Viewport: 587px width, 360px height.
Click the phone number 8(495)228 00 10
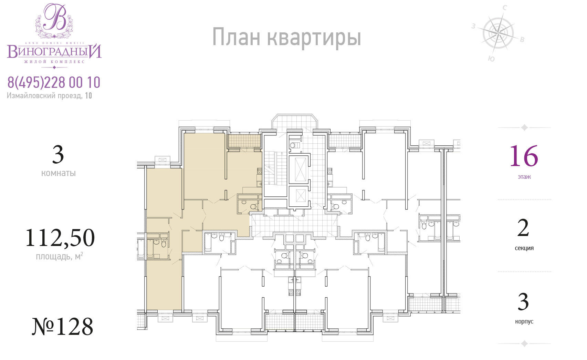(x=54, y=83)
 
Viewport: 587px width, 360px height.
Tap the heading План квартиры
(x=286, y=38)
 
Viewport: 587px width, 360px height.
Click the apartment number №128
(x=62, y=327)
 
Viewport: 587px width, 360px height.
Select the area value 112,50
(x=60, y=238)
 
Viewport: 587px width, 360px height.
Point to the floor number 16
(x=524, y=156)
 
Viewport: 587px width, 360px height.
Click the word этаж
(x=524, y=177)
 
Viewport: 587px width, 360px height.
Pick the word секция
(x=524, y=248)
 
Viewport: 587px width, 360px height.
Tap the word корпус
(x=524, y=321)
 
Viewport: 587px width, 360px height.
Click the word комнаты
(x=59, y=173)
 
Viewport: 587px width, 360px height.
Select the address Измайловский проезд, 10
(x=49, y=96)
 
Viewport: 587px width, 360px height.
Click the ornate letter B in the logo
(x=55, y=17)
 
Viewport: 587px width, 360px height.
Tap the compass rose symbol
(x=498, y=33)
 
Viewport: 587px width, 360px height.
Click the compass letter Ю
(x=491, y=59)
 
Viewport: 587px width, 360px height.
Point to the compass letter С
(x=504, y=8)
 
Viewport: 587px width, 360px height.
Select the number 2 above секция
(x=523, y=228)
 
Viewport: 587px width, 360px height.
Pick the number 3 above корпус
(x=523, y=301)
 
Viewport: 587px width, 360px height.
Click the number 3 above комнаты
(x=58, y=154)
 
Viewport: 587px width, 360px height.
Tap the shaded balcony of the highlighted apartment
(x=244, y=141)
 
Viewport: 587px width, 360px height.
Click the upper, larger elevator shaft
(x=298, y=169)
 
